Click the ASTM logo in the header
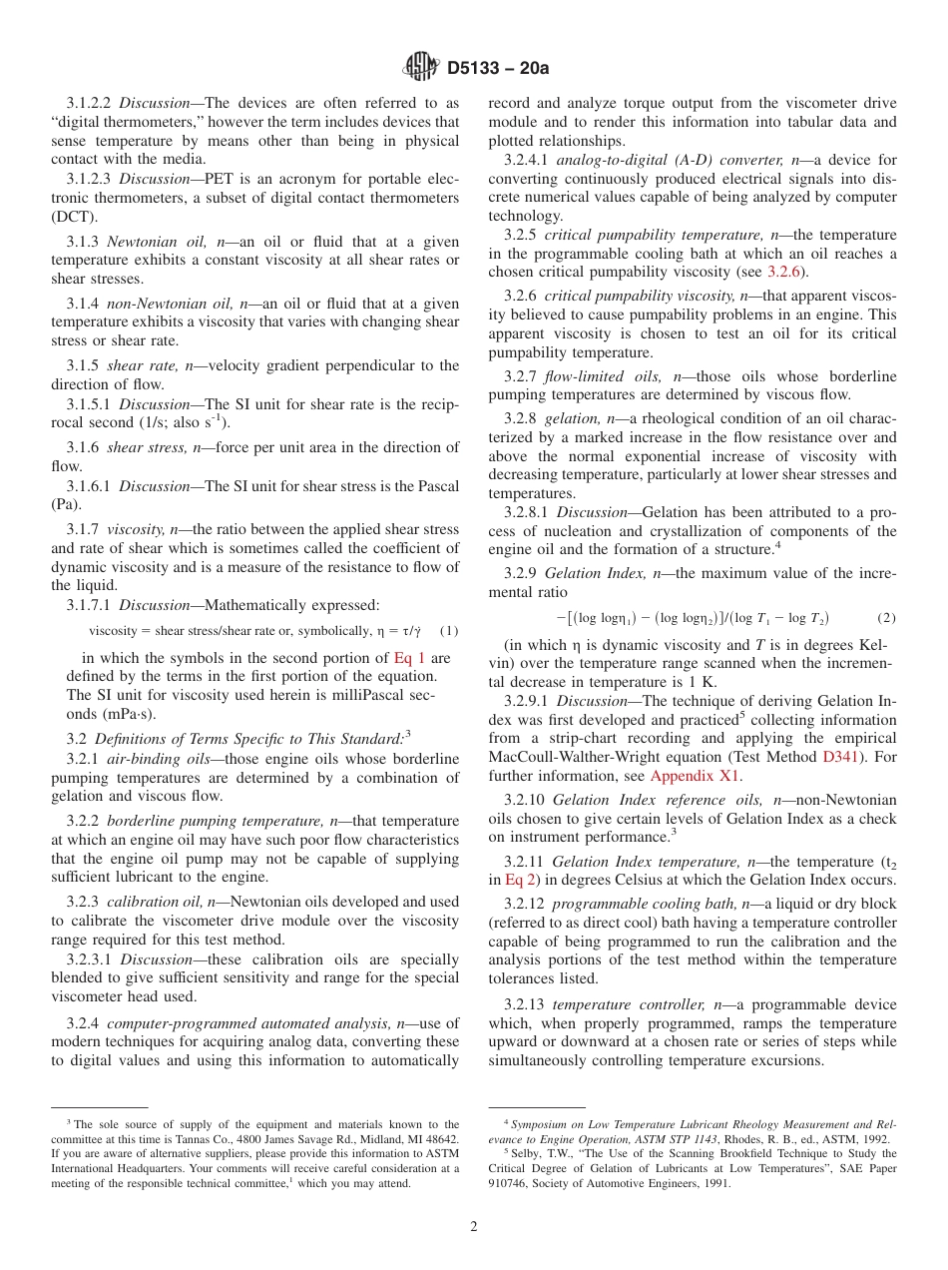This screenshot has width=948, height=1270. click(420, 68)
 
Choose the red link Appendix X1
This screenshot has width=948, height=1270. click(696, 776)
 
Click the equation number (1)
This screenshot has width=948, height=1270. click(448, 631)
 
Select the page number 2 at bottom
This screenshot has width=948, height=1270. click(474, 1226)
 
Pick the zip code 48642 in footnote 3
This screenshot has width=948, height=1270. click(440, 1138)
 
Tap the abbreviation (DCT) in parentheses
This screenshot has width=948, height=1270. click(73, 216)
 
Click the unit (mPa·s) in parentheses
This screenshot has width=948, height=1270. click(126, 714)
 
